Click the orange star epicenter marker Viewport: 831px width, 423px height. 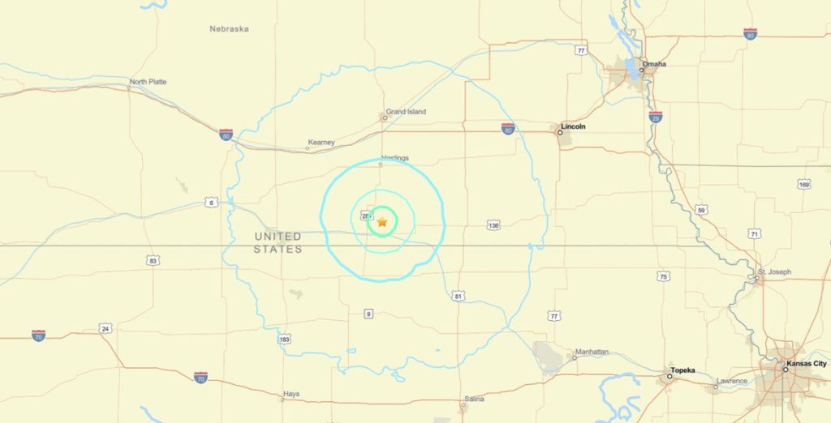(382, 221)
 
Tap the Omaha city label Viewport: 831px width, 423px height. (654, 63)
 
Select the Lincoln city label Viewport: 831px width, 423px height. (573, 126)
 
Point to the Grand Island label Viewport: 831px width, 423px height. (406, 112)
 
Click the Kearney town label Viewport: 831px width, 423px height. (321, 143)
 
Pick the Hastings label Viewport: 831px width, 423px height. (394, 158)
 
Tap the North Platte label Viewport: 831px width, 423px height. (148, 82)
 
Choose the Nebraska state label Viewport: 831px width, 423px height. (229, 29)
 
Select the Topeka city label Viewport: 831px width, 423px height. (682, 370)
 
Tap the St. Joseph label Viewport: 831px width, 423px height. (774, 271)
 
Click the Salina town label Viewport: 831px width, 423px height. (474, 399)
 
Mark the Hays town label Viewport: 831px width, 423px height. (291, 394)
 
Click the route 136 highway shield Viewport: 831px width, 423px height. (493, 224)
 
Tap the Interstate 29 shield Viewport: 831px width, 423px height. (656, 117)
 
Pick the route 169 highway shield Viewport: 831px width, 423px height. (804, 184)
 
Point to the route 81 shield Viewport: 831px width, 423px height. (459, 297)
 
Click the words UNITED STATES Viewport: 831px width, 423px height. (278, 242)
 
